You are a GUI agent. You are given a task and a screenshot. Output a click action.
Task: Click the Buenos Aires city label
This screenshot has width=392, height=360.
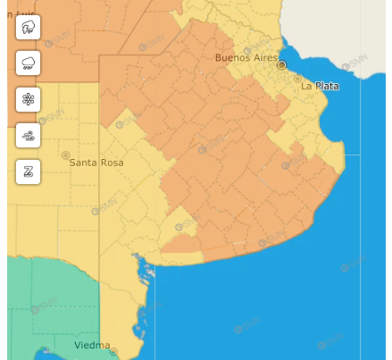click(x=246, y=57)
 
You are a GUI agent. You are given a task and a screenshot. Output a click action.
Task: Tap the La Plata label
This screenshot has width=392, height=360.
click(x=319, y=86)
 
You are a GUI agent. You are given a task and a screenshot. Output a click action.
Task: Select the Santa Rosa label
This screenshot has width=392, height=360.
click(x=96, y=163)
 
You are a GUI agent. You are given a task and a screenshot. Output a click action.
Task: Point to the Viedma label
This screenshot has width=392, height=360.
click(x=92, y=346)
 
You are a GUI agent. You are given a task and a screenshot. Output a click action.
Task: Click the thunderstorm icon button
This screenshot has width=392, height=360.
click(x=29, y=28)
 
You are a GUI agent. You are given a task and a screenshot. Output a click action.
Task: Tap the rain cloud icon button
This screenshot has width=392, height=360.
click(x=29, y=63)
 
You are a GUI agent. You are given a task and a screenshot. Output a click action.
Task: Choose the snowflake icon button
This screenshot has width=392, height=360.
click(x=29, y=99)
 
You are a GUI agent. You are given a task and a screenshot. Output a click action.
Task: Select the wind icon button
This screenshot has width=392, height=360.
click(x=29, y=136)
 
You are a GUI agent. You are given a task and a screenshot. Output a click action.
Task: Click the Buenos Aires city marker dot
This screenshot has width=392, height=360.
click(x=282, y=65)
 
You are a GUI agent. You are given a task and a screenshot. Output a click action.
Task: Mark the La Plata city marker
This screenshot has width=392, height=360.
click(x=297, y=78)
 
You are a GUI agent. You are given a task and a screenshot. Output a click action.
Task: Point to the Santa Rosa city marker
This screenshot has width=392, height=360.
click(x=64, y=155)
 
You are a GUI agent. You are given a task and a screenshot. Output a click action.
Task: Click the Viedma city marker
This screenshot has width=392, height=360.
click(x=113, y=347)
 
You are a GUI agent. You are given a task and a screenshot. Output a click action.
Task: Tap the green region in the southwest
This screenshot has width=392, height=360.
click(x=45, y=304)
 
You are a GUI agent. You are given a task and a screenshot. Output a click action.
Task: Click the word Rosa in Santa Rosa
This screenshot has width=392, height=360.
click(x=112, y=163)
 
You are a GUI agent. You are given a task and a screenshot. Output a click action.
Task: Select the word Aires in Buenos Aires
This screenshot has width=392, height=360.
click(x=266, y=57)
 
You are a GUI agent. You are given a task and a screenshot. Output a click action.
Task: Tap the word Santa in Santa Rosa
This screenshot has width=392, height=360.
click(x=83, y=163)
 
